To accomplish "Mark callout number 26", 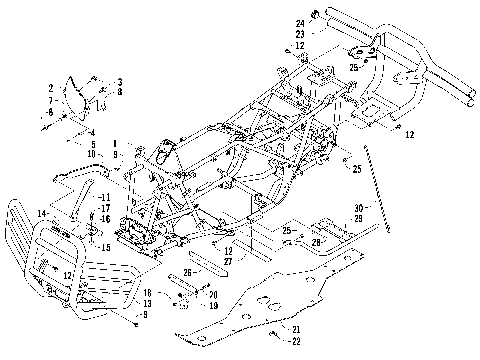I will tap(187, 271).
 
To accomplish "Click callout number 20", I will tap(213, 293).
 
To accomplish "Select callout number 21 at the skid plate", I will tap(296, 329).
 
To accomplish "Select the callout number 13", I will tap(146, 303).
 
